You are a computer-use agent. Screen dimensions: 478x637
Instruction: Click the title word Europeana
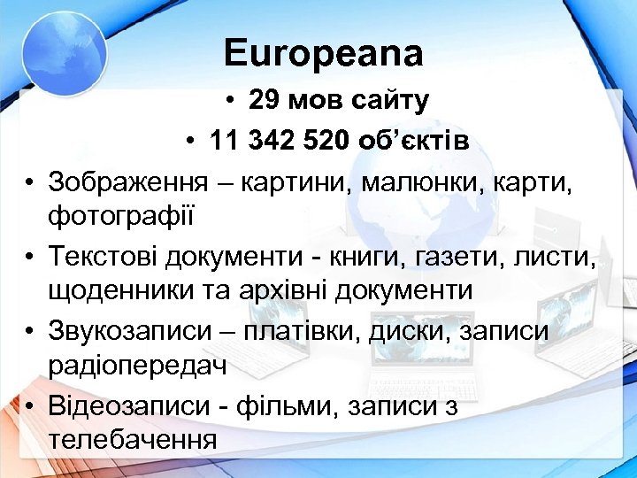point(324,54)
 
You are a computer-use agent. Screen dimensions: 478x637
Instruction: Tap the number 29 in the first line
point(265,101)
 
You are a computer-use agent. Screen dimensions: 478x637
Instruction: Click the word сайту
point(387,101)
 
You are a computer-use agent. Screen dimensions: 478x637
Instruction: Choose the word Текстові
point(108,256)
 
